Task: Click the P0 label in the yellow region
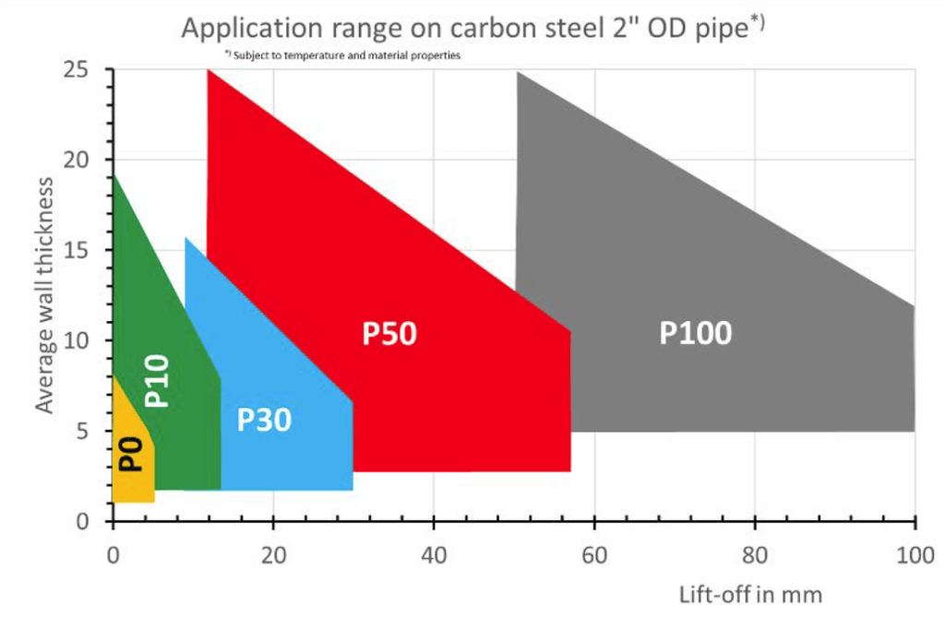pos(133,453)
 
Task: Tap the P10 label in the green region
pos(158,379)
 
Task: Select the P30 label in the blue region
pos(264,420)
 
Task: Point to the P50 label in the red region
pos(389,334)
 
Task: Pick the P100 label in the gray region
pos(695,333)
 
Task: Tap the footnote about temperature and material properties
pos(341,55)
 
